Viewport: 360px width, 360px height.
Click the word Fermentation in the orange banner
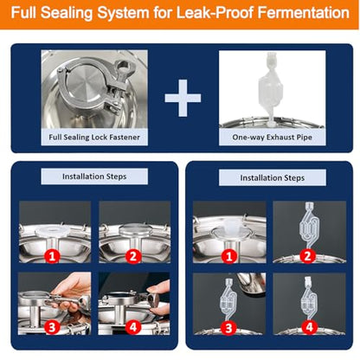tap(303, 13)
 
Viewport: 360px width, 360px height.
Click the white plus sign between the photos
tap(183, 98)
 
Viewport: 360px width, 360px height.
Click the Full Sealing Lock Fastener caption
tap(94, 137)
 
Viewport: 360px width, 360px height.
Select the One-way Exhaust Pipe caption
tap(272, 137)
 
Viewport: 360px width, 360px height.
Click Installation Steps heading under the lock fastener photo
tap(94, 177)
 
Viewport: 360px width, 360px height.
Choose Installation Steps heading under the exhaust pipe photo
tap(273, 177)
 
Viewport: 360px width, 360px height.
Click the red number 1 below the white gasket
tap(52, 256)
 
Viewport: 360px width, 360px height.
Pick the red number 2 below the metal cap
tap(133, 256)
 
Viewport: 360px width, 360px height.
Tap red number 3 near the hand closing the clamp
tap(52, 327)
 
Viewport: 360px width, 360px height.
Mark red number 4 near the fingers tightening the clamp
tap(133, 327)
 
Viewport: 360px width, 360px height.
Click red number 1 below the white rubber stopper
tap(229, 256)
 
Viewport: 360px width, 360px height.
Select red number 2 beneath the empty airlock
tap(307, 256)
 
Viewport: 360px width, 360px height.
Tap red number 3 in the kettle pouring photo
tap(228, 328)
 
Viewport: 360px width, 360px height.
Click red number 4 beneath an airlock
tap(310, 327)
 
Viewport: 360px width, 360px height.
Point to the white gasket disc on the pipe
tap(53, 231)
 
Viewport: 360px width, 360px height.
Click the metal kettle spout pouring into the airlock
tap(250, 285)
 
